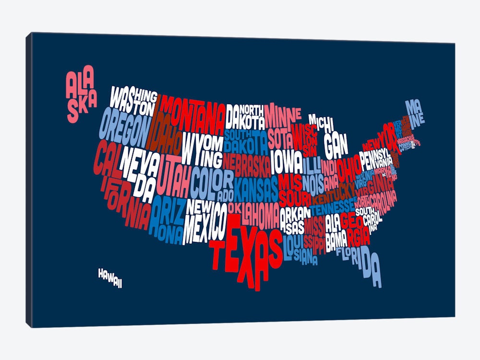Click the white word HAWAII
tap(110, 278)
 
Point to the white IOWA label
tap(287, 163)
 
